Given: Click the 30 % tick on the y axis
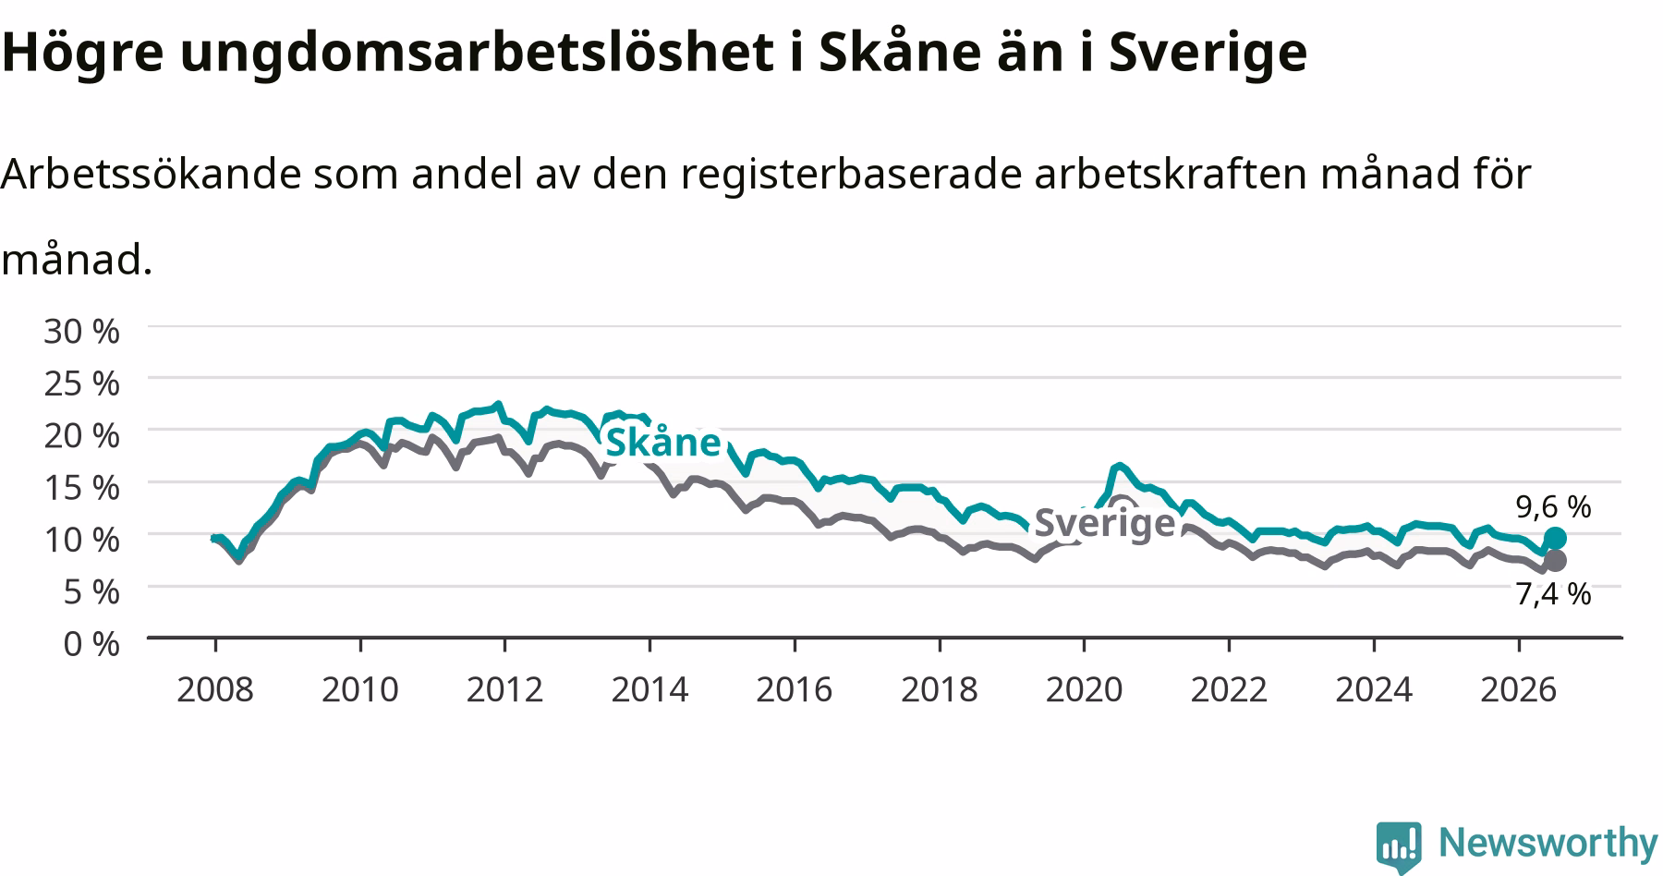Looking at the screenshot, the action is [81, 331].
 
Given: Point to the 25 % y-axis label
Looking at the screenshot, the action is [81, 383].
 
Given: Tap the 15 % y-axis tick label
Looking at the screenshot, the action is [81, 487].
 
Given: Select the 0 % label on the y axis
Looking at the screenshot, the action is [91, 643].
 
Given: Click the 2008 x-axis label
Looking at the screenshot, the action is [214, 689].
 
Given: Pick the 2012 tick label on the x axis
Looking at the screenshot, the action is [504, 689].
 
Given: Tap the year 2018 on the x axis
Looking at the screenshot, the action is [939, 689].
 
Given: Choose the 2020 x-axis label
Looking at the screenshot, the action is [1084, 689].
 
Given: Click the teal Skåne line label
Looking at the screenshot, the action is [662, 442].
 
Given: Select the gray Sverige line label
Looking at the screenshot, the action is [1104, 523].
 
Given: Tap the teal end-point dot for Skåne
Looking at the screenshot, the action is [1555, 538].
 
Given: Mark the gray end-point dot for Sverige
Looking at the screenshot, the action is [1555, 560].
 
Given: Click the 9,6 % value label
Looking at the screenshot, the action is [1553, 506].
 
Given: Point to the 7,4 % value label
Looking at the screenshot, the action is [1553, 593].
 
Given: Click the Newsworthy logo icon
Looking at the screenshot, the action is [1400, 846].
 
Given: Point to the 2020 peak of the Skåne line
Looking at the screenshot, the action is [1120, 465].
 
